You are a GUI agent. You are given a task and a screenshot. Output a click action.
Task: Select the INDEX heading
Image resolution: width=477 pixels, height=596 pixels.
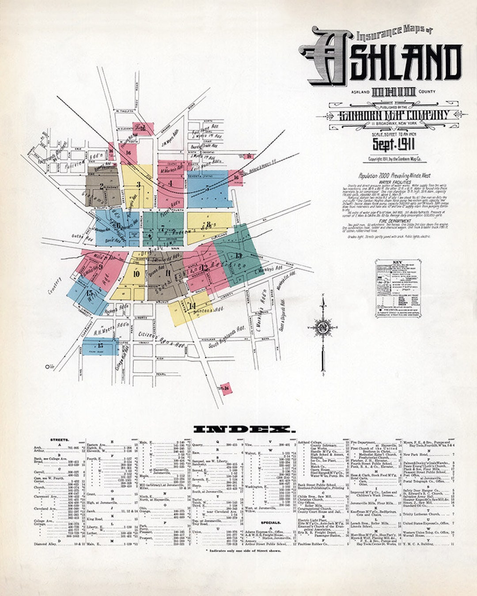tap(242, 429)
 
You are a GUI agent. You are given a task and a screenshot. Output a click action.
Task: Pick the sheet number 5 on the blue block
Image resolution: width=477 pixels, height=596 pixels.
tap(207, 188)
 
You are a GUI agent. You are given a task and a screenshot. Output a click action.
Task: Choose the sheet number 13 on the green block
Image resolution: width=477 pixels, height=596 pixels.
tap(238, 256)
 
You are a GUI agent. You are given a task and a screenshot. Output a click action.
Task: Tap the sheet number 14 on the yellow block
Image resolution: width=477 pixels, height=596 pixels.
tap(192, 306)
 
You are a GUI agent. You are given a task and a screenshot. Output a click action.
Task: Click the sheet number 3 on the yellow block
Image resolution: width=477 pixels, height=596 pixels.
tap(138, 185)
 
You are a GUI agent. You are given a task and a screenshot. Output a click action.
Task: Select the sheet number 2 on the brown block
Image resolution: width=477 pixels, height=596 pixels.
tap(102, 186)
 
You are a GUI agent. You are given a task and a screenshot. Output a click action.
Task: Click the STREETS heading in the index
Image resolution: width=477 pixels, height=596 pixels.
tap(59, 440)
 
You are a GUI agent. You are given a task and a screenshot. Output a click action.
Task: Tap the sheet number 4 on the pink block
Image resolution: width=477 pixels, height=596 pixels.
tap(170, 183)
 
